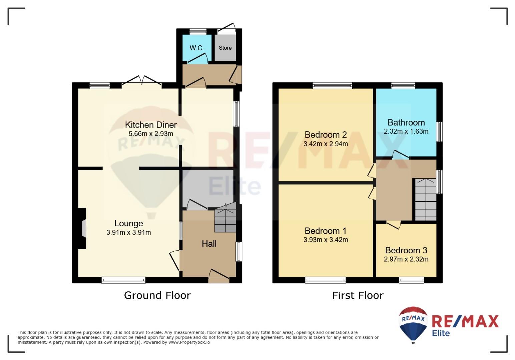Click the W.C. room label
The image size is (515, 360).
click(197, 48)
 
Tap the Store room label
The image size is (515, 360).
click(225, 48)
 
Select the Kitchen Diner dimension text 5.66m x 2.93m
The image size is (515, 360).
click(151, 133)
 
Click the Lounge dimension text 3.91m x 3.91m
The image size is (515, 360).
click(128, 232)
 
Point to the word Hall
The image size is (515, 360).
click(209, 244)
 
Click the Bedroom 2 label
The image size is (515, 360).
click(326, 135)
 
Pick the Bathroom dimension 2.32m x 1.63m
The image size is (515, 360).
click(406, 131)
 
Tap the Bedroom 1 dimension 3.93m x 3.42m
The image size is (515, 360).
click(326, 240)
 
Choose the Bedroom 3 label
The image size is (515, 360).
click(406, 250)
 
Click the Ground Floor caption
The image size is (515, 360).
click(157, 295)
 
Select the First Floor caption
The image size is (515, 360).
click(358, 295)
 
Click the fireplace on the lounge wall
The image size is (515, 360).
click(82, 228)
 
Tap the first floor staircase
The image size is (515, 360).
click(426, 199)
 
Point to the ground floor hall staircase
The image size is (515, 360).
click(225, 217)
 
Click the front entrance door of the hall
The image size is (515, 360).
click(219, 276)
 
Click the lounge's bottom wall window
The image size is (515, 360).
click(123, 280)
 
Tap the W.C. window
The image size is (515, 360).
click(198, 31)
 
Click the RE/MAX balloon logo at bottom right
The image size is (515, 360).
click(413, 325)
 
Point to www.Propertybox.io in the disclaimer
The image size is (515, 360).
click(189, 342)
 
